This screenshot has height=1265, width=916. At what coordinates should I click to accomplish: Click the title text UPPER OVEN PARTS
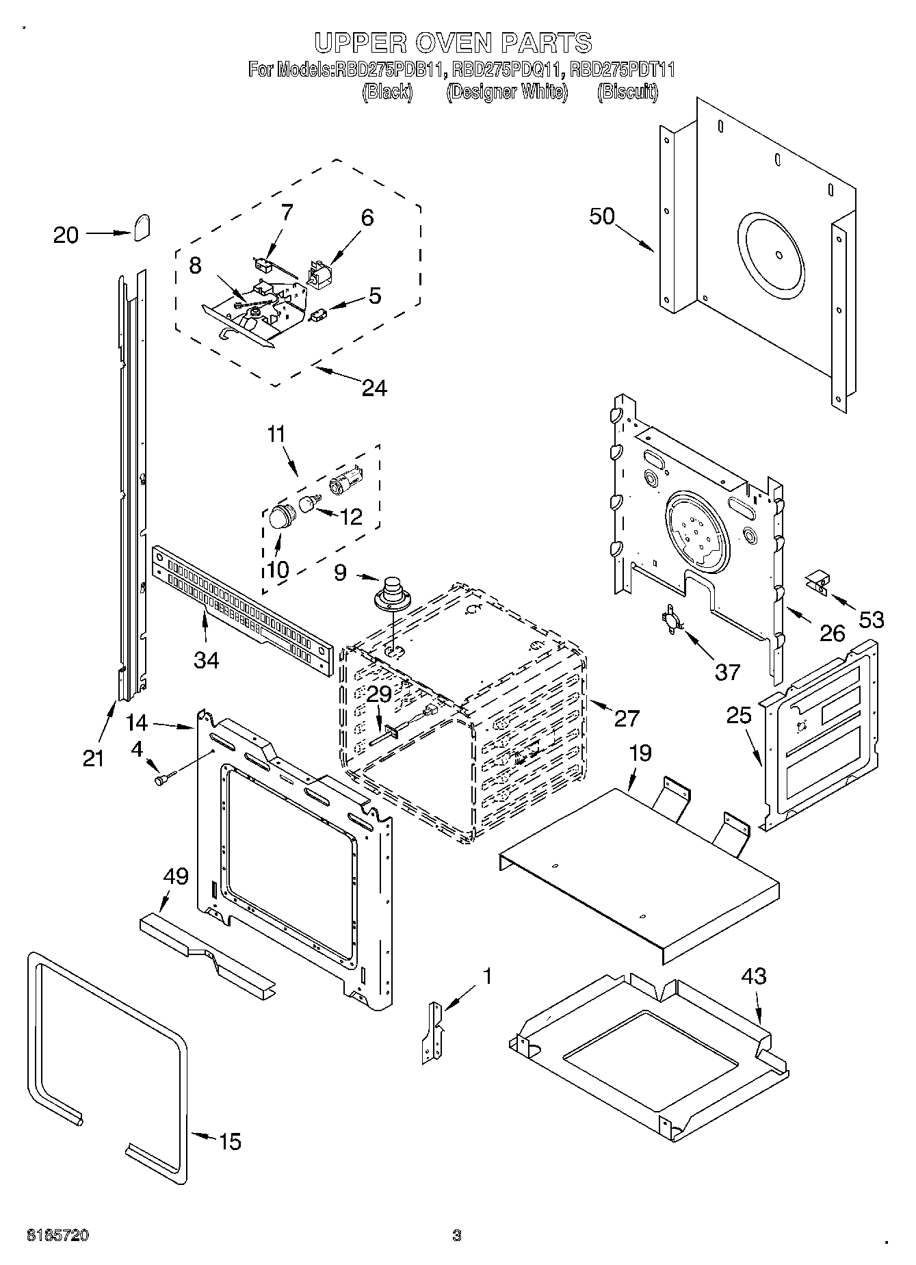tap(453, 42)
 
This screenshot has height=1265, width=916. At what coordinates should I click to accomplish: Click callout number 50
tap(602, 216)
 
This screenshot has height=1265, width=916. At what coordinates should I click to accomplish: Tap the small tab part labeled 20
tap(142, 228)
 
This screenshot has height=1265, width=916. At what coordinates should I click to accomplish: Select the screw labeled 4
tap(165, 778)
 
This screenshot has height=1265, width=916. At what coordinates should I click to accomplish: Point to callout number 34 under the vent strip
tap(206, 660)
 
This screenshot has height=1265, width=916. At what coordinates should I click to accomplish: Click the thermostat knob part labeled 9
tap(392, 592)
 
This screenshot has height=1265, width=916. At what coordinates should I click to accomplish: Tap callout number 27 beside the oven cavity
tap(626, 718)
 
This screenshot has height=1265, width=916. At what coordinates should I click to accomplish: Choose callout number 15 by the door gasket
tap(230, 1141)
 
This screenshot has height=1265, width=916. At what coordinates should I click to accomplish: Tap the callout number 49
tap(176, 876)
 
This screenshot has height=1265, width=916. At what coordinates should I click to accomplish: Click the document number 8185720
tap(57, 1236)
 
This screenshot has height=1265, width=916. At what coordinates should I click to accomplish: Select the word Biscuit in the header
tap(627, 92)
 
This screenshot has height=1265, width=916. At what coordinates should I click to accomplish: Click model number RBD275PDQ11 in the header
tap(507, 70)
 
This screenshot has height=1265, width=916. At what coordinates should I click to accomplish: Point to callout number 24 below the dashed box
tap(373, 388)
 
